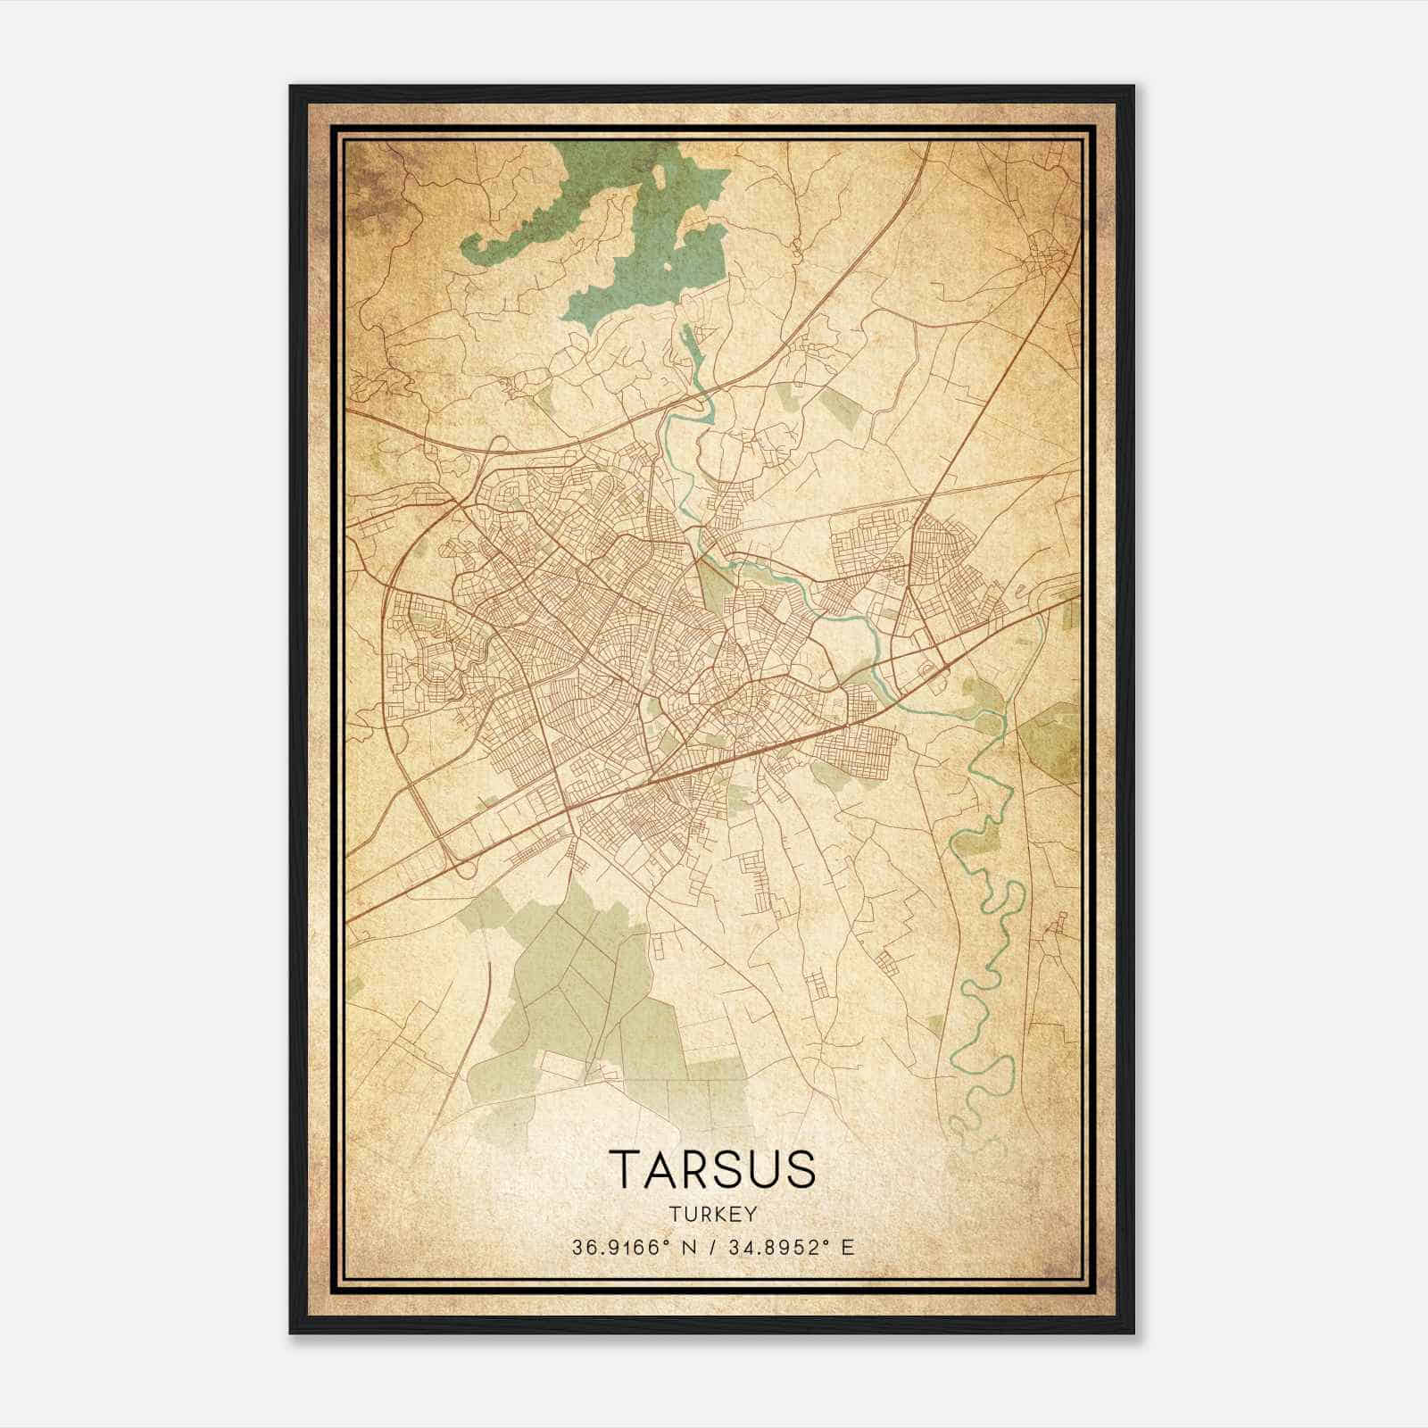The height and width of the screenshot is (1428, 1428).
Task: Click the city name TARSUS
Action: coord(712,1169)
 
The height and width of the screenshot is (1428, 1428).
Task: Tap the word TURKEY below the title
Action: coord(712,1214)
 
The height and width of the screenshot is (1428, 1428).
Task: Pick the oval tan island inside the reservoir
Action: coord(661,176)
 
